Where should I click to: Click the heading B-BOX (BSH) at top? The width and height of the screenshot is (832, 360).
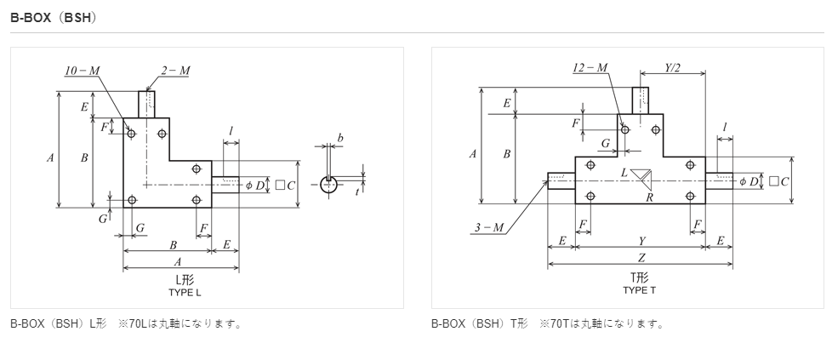tap(54, 18)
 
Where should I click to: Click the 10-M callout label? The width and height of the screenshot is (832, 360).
tap(83, 71)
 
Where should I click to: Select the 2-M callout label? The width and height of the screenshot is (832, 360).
tap(175, 71)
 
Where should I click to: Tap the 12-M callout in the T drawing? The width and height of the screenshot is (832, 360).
tap(590, 68)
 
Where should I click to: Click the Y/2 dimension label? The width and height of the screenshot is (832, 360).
tap(672, 68)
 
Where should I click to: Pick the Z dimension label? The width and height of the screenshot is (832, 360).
tap(641, 258)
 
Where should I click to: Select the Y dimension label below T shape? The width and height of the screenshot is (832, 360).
tap(642, 241)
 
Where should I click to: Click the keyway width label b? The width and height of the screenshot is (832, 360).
tap(340, 138)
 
